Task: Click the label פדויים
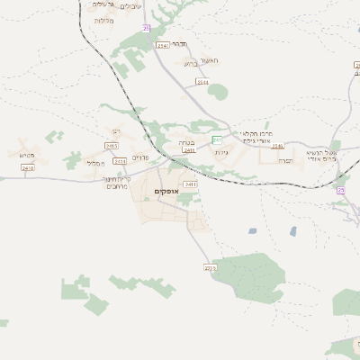[x=139, y=157]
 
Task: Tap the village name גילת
[x=220, y=152]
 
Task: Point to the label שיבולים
[x=130, y=6]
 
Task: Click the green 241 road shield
[x=217, y=139]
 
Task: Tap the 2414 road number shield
[x=202, y=82]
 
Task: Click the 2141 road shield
[x=162, y=44]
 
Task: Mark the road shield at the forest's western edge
[x=211, y=267]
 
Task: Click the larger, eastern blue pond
[x=292, y=231]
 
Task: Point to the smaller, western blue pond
[x=252, y=231]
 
